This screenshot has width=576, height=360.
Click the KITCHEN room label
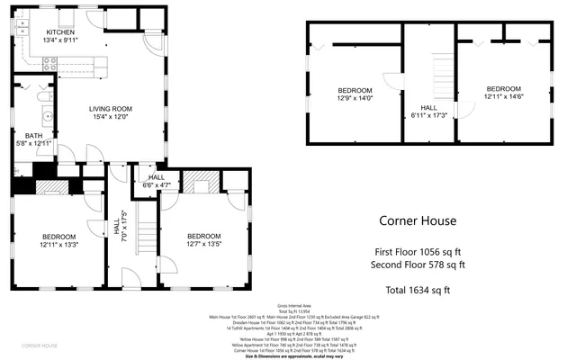[x=61, y=32]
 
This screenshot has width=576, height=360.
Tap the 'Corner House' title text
[x=417, y=220]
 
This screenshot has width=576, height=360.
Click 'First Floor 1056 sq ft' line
[x=417, y=252]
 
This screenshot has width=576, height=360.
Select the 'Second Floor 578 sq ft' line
[x=417, y=265]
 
